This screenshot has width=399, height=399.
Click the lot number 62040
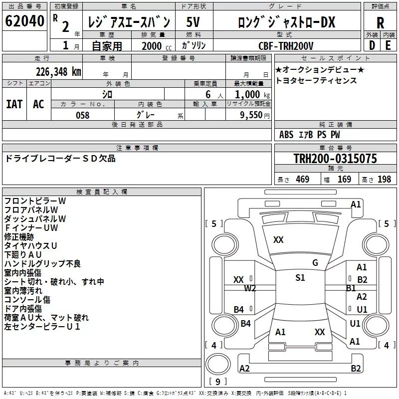pos(25,21)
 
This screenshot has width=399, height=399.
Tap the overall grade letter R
pos(380,22)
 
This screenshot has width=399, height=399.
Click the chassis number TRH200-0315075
pos(335,159)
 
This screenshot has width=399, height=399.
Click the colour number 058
pos(82,115)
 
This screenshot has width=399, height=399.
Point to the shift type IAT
pos(14,104)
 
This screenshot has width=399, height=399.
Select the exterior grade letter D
pos(372,46)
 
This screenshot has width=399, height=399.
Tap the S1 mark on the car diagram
pos(300,278)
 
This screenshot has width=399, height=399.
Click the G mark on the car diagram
pos(315,263)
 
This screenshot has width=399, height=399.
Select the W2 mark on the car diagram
pos(250,288)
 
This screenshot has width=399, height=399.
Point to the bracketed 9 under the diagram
pos(217,382)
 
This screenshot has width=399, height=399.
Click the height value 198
pos(384,180)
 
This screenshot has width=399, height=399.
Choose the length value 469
pos(302,180)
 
